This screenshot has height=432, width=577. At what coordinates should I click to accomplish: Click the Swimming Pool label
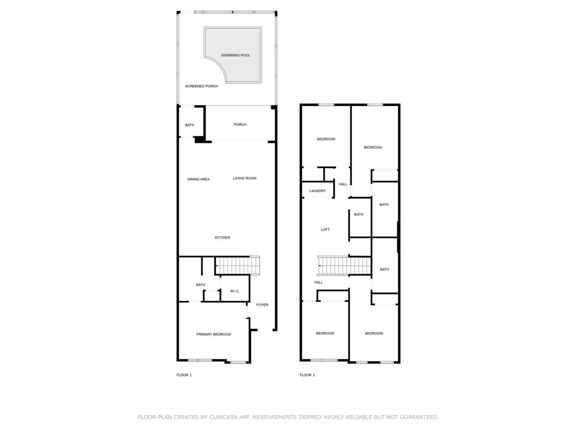point(235,55)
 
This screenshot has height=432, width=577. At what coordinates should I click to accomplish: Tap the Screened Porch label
point(201,86)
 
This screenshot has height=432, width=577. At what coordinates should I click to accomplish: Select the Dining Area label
point(198,179)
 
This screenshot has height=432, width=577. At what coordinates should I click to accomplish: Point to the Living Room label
point(244,178)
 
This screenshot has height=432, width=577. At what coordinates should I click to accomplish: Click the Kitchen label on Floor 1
point(222,238)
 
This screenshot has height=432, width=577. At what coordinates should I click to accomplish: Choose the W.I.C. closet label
point(235,291)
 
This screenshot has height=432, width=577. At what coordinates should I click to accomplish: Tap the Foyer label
point(262,304)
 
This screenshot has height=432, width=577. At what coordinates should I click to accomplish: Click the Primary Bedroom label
point(213,334)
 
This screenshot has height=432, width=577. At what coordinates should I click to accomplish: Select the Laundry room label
point(317,191)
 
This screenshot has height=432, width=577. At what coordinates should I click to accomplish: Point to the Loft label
point(325,229)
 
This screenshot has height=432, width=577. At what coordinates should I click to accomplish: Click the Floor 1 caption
point(184,375)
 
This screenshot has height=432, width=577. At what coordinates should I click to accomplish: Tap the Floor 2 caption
point(307,375)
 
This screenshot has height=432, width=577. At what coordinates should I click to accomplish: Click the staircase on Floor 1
point(238,265)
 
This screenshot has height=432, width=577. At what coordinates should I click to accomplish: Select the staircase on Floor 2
point(344,265)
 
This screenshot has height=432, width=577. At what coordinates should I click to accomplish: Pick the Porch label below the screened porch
point(240,124)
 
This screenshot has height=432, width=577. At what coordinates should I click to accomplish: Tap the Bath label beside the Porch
point(189,125)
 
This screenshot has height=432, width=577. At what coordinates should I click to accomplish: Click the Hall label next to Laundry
point(343,184)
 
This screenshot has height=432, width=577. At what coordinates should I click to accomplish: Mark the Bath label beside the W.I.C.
point(201,285)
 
